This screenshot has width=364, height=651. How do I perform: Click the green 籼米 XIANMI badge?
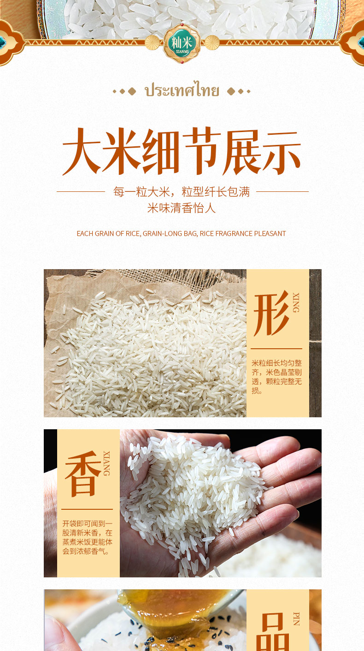182,43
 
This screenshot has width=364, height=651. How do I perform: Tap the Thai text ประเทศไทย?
182,91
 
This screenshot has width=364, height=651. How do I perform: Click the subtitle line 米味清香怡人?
182,208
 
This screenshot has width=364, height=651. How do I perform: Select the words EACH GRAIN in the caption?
95,234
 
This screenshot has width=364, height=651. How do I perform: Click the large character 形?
271,314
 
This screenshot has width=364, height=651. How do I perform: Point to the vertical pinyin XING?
296,302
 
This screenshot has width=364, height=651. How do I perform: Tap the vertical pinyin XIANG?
106,463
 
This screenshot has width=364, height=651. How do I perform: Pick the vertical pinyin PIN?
296,619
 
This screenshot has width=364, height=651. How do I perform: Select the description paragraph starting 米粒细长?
276,377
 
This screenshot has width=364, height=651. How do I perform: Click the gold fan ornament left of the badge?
152,43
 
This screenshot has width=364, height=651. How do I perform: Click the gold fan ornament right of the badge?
212,43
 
